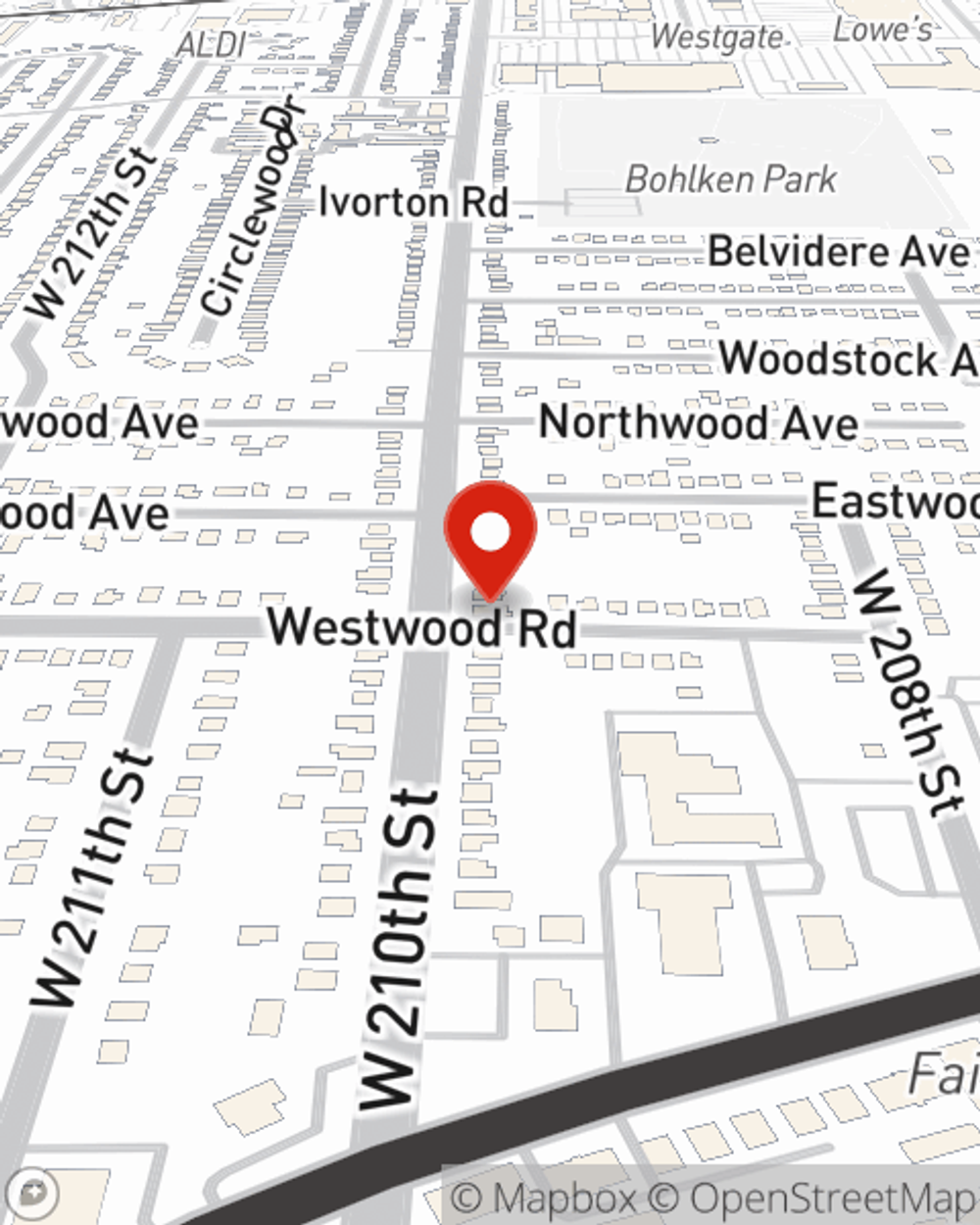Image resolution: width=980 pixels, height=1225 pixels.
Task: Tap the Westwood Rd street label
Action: pos(422,628)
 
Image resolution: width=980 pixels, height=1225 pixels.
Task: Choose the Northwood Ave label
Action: pos(699,423)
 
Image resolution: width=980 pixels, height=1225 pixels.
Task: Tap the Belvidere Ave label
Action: pos(838,252)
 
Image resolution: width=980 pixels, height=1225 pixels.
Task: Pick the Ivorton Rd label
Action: pos(414,203)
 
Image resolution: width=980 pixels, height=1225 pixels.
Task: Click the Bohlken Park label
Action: pos(731,179)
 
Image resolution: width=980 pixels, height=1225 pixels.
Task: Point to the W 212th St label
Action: pos(94,233)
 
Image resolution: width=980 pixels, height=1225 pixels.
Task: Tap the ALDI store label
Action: pos(211,44)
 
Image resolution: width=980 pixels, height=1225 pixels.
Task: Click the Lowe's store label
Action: pos(883,29)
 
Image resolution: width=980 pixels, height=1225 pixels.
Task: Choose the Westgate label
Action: pos(718,37)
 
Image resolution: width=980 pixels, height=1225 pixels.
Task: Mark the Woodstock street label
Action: pos(849,359)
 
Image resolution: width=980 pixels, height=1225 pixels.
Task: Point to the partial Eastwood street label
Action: pos(895,502)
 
